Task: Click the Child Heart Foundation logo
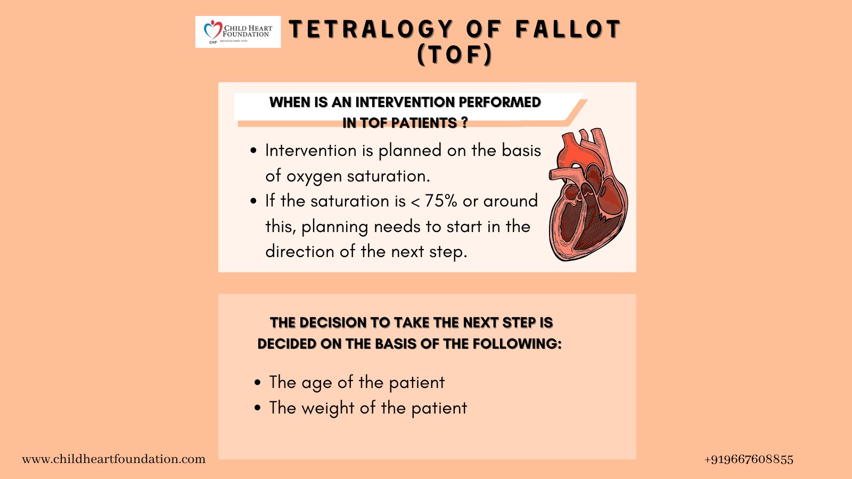click(237, 32)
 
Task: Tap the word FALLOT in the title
click(568, 29)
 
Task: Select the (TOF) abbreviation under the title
click(455, 54)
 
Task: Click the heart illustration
click(588, 195)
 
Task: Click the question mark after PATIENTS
click(464, 123)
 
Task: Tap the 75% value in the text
click(441, 201)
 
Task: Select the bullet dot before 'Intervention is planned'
click(253, 151)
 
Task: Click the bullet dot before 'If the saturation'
click(253, 202)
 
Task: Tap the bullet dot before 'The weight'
click(258, 408)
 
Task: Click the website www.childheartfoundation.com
click(113, 459)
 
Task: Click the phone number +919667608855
click(749, 459)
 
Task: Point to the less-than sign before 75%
click(415, 202)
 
